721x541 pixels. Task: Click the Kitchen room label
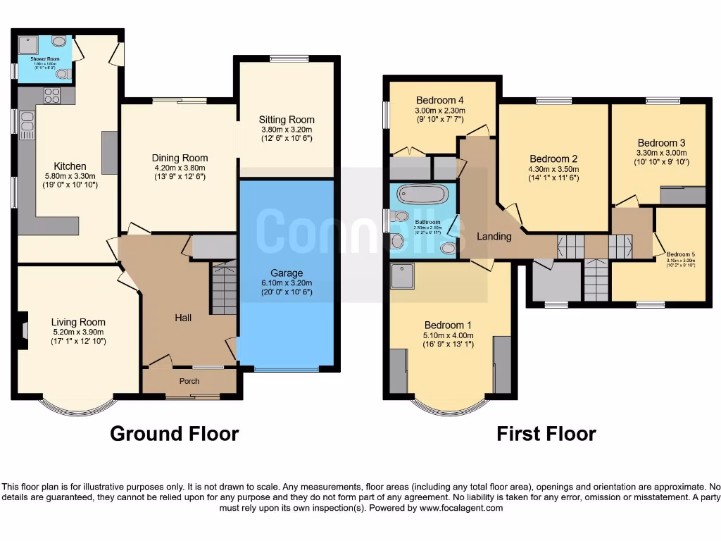70,166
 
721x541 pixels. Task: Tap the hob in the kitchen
52,96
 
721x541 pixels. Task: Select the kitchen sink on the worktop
27,126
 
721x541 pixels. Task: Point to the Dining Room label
180,158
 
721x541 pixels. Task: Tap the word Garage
287,273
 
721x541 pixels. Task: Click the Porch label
189,381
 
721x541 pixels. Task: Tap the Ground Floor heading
174,434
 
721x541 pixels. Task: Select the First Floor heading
546,434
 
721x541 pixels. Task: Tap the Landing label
494,236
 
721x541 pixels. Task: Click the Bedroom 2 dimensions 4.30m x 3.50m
554,169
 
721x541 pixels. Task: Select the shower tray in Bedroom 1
403,277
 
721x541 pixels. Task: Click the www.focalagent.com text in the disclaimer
462,508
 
